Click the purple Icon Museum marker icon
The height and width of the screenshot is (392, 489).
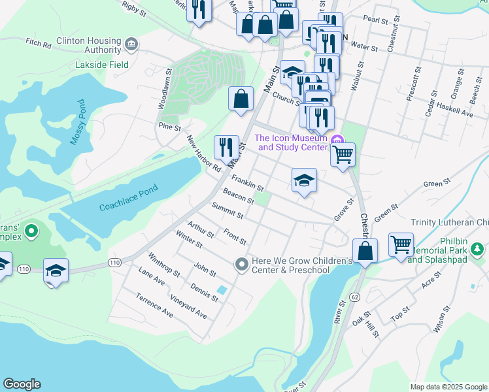337,138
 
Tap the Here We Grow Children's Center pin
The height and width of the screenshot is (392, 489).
241,263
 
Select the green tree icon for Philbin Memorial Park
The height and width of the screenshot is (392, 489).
479,249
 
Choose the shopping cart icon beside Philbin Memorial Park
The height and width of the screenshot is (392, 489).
400,245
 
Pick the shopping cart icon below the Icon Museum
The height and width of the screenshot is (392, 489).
343,155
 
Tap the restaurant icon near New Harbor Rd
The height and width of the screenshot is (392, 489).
226,147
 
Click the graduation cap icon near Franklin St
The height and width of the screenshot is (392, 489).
304,180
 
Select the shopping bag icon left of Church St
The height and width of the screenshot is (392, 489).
241,99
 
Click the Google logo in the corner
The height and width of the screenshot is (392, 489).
22,384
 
